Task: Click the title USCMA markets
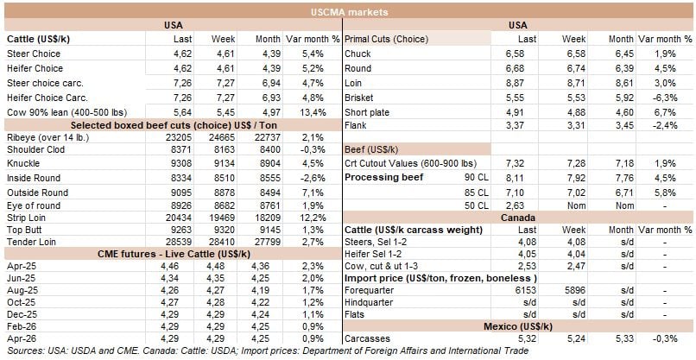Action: click(x=348, y=12)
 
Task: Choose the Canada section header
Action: click(x=518, y=218)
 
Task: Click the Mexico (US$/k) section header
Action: click(x=518, y=326)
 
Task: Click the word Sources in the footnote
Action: click(x=22, y=351)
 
